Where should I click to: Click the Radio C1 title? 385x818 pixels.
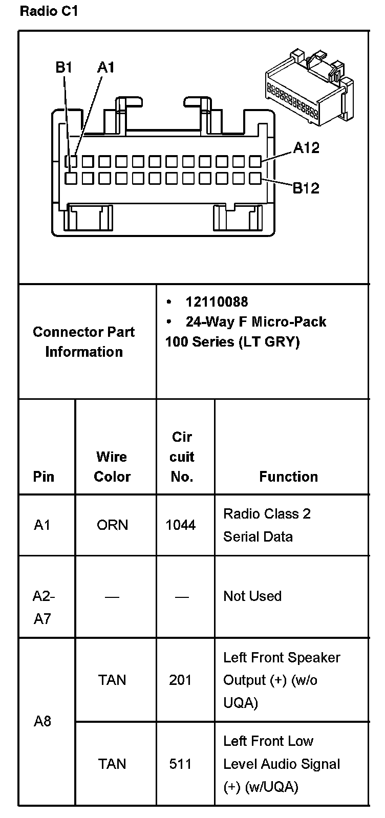click(x=49, y=11)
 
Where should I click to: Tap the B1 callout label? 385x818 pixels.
click(x=64, y=67)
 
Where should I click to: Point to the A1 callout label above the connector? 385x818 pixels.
click(x=106, y=67)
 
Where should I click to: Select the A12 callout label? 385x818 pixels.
click(x=306, y=148)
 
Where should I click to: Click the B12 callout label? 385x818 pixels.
click(x=306, y=188)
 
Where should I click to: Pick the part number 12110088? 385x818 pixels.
click(x=217, y=302)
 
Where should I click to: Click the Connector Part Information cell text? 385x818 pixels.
click(x=84, y=341)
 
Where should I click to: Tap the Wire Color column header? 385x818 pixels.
click(x=112, y=466)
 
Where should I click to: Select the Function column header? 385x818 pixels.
click(x=288, y=477)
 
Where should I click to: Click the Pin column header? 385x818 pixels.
click(x=44, y=477)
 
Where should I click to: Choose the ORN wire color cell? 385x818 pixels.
click(x=112, y=525)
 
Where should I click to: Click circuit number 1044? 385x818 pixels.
click(x=181, y=525)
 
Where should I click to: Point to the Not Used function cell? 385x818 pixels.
click(x=252, y=596)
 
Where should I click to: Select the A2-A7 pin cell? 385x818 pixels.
click(x=44, y=607)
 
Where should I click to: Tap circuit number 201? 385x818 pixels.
click(x=180, y=680)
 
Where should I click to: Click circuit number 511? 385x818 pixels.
click(x=180, y=764)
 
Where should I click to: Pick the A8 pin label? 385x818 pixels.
click(x=42, y=721)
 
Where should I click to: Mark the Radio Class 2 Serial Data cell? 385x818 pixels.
click(x=267, y=525)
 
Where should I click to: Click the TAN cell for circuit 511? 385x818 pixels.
click(x=112, y=764)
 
